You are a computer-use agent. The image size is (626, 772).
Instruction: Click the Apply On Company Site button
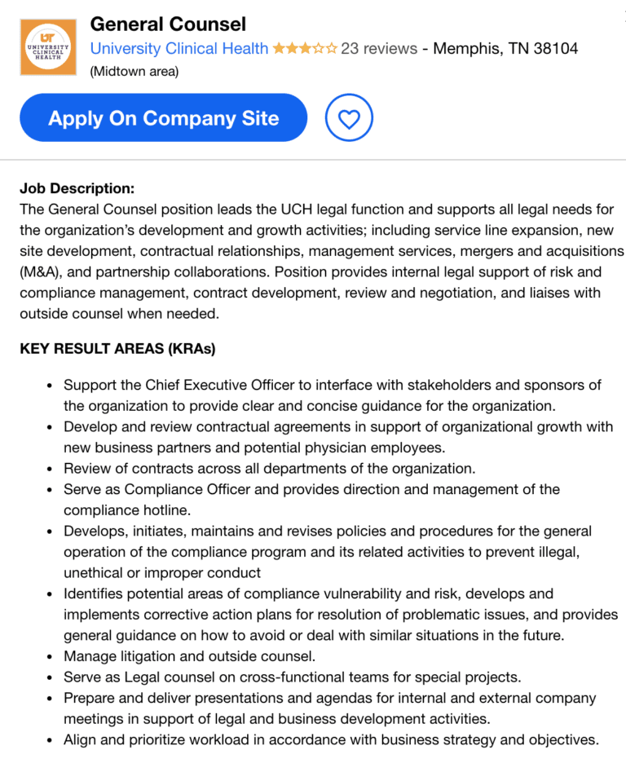(163, 118)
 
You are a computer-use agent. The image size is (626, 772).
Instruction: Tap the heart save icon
(349, 119)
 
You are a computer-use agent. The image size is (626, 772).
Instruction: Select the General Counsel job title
(168, 24)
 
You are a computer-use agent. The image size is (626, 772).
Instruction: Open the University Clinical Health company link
(179, 49)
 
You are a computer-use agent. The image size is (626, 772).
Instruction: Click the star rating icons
(305, 49)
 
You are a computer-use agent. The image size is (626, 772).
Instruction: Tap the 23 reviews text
(378, 49)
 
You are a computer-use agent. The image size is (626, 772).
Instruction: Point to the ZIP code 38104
(555, 49)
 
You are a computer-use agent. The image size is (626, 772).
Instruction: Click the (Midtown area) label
(134, 72)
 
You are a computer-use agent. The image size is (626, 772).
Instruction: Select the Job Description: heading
(77, 188)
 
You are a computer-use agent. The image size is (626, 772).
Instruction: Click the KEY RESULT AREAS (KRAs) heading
(117, 349)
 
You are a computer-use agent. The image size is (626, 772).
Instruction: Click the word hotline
(166, 510)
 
